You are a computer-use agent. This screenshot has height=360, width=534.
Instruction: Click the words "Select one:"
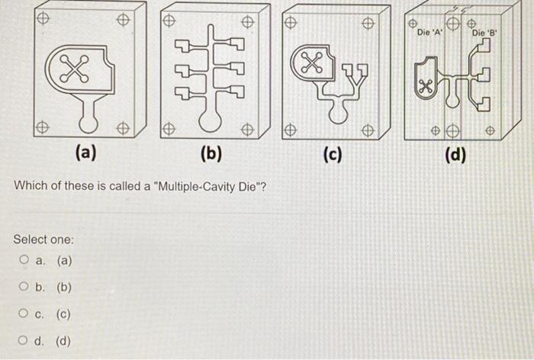point(43,239)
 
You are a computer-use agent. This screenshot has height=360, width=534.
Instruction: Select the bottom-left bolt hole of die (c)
point(291,131)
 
